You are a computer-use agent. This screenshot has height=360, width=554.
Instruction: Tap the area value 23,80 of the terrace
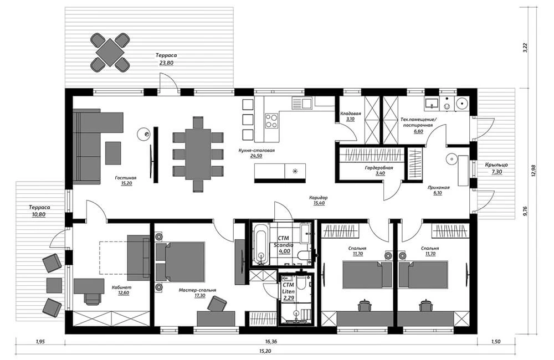point(166,63)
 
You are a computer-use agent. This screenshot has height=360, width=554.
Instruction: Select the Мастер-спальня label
point(197,290)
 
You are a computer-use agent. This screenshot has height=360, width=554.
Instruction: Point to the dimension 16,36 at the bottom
point(271,342)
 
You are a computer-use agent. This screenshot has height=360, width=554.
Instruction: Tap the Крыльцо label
point(496,165)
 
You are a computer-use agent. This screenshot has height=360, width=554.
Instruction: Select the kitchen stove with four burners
point(271,121)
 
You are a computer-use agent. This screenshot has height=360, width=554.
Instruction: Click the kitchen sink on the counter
point(301,103)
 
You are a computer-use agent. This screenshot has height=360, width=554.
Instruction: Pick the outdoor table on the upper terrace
point(110,52)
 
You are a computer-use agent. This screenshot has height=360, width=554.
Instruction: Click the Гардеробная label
point(379,168)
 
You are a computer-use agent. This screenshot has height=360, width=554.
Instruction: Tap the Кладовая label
point(350,114)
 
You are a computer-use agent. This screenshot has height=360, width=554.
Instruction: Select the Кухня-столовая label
point(256,150)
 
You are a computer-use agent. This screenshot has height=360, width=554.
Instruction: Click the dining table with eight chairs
point(198,155)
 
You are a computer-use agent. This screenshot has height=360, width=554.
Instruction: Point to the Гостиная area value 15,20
point(126,183)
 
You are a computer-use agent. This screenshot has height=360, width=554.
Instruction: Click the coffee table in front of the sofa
point(113,153)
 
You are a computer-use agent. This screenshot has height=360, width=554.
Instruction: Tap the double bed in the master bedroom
point(180,261)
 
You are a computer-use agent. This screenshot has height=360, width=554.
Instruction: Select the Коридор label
point(319,198)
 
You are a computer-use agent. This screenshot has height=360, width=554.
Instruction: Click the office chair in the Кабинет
point(92,298)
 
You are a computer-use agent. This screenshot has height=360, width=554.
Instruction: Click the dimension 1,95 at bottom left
point(40,342)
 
